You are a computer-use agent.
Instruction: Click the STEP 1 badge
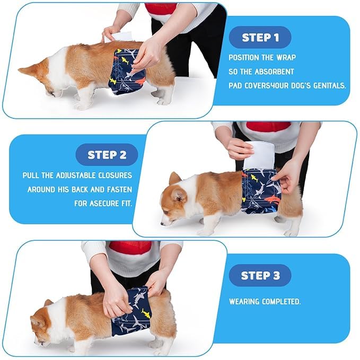260,37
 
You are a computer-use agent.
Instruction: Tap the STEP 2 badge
107,155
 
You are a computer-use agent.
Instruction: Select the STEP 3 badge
260,275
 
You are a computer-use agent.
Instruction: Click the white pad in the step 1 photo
118,37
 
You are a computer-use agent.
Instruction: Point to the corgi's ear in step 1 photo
26,69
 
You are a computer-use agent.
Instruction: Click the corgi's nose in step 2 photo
162,223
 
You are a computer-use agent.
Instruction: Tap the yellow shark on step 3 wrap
146,313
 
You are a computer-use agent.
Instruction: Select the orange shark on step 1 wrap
139,81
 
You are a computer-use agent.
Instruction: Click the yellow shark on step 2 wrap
254,178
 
